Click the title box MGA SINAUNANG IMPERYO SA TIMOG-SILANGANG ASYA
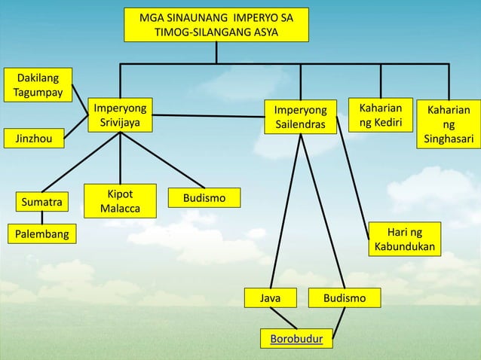[216, 25]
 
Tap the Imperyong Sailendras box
[299, 116]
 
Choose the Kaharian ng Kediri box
[380, 114]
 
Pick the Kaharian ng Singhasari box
[449, 124]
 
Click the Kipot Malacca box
[121, 199]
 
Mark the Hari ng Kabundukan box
[405, 239]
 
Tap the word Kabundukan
[405, 247]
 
